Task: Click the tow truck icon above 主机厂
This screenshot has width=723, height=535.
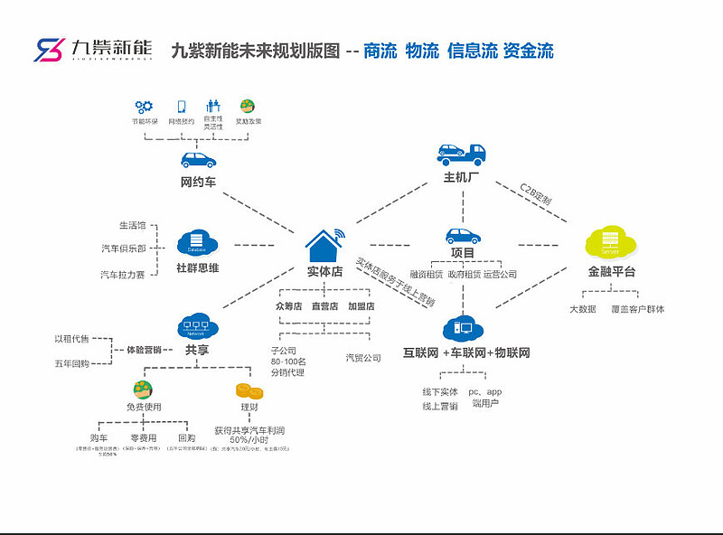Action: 460,155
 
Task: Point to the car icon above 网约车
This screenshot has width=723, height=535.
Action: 198,160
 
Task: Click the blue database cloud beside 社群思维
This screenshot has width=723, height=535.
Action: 197,243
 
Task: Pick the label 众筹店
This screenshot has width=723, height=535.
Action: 291,306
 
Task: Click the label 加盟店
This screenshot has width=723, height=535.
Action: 361,306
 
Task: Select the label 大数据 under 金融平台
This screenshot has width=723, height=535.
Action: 582,309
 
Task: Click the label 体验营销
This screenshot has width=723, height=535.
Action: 143,350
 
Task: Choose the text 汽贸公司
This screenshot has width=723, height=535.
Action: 363,358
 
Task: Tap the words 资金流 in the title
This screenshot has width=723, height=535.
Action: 528,52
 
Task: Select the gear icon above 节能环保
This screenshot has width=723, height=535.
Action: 144,106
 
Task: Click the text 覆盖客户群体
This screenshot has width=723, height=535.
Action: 638,309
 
